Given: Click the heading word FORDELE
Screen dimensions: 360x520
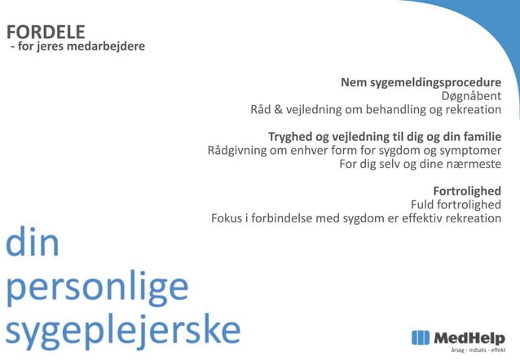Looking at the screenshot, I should click(46, 32).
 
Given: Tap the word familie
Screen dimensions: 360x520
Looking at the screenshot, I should click(478, 136).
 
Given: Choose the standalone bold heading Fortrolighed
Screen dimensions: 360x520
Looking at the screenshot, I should click(466, 191).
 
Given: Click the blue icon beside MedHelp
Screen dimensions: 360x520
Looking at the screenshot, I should click(421, 337).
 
